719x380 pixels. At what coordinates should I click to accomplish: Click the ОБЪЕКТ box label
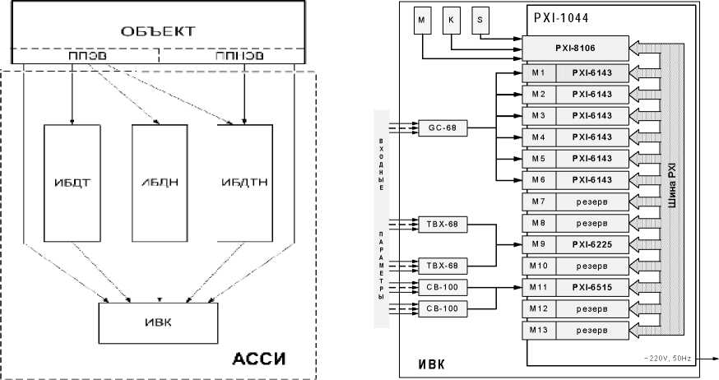[159, 31]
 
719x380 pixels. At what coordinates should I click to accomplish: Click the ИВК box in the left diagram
[159, 322]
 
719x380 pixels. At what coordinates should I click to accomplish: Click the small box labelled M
[421, 21]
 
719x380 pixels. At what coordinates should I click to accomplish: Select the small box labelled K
[450, 21]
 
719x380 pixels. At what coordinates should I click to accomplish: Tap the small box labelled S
[480, 21]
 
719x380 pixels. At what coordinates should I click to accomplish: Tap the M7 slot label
[537, 202]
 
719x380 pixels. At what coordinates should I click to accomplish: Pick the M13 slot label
[537, 330]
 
